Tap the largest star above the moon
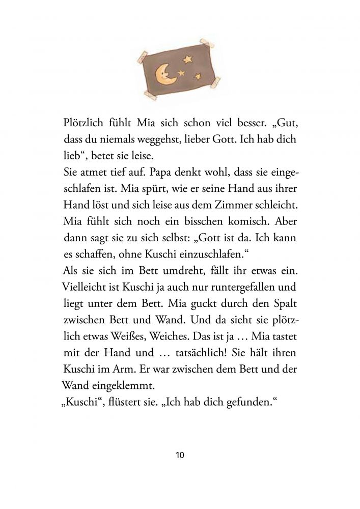coord(188,60)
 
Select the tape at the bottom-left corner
coord(154,94)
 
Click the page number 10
coord(179,455)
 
